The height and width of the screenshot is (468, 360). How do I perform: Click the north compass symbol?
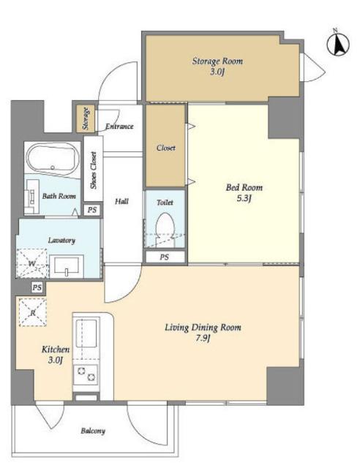[x=338, y=44]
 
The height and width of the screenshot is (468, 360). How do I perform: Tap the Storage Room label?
[x=217, y=61]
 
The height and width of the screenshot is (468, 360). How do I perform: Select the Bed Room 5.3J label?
[x=244, y=193]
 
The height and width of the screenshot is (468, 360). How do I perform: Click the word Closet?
[x=166, y=148]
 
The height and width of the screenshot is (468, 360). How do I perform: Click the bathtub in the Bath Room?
[x=52, y=159]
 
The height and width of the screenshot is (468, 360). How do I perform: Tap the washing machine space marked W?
[x=32, y=263]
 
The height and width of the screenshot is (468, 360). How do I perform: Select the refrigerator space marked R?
[x=33, y=312]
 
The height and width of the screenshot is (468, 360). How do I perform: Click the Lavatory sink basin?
[x=67, y=266]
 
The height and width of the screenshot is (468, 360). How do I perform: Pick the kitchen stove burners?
[x=86, y=374]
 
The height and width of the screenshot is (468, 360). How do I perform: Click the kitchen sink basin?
[x=86, y=333]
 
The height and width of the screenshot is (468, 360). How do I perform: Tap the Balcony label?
[x=93, y=431]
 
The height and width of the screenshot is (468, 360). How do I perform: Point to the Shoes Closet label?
[x=94, y=170]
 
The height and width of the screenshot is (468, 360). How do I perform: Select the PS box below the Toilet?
[x=165, y=257]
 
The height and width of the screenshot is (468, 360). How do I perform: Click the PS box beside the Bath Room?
[x=92, y=210]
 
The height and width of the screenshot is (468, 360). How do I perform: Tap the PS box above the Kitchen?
[x=37, y=287]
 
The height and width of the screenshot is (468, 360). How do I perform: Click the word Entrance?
[x=119, y=127]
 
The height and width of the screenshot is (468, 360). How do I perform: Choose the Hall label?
[x=121, y=202]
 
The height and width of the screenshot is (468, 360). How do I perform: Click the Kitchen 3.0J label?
[x=56, y=355]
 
